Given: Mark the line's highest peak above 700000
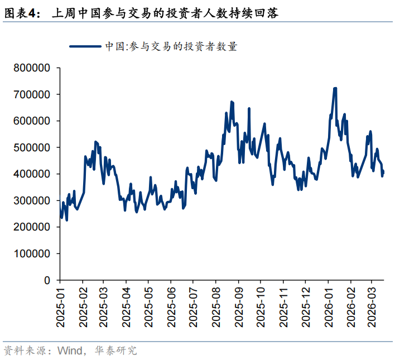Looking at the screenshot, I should (335, 88).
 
